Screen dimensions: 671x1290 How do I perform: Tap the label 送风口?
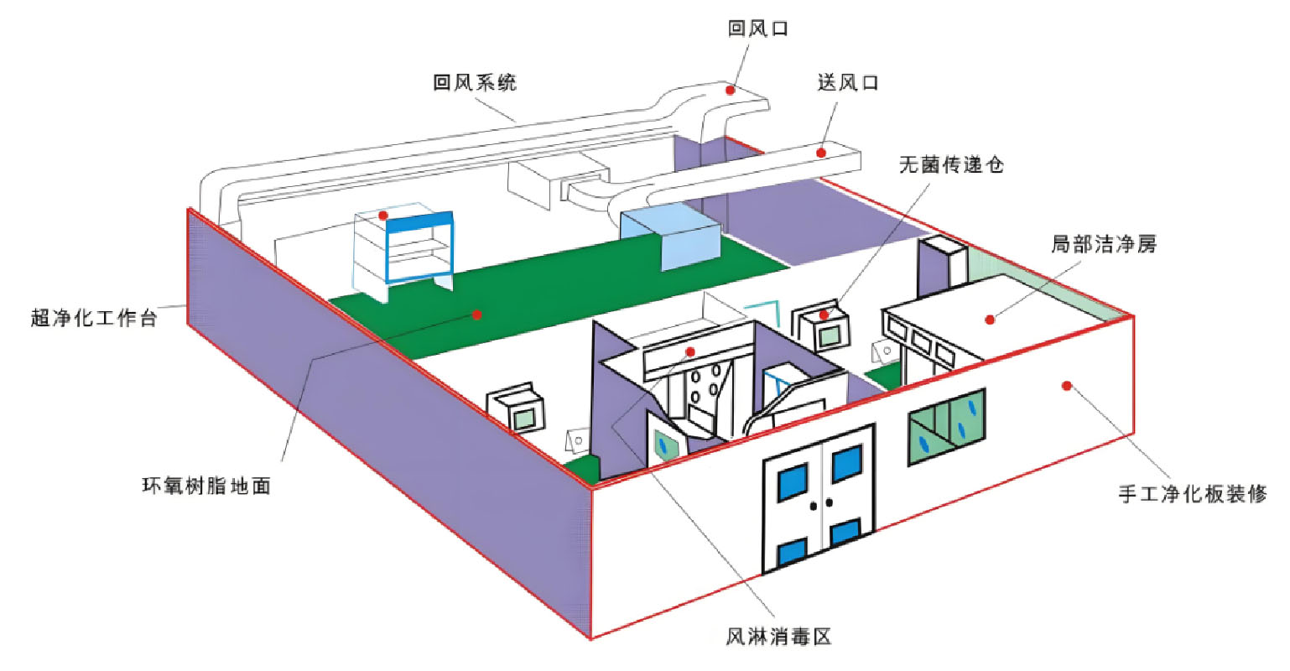(x=848, y=82)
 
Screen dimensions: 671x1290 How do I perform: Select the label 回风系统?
(x=475, y=82)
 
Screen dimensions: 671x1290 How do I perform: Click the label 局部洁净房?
(x=1103, y=245)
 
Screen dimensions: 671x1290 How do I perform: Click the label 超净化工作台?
(x=94, y=319)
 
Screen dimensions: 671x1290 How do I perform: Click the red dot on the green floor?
(x=477, y=315)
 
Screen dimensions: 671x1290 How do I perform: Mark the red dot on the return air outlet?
(x=731, y=89)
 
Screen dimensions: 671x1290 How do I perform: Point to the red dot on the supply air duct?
(x=822, y=153)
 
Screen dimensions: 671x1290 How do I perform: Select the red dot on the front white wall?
(x=1066, y=386)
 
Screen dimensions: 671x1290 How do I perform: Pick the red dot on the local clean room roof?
(x=990, y=319)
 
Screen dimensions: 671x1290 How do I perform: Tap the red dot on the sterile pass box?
(x=824, y=315)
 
